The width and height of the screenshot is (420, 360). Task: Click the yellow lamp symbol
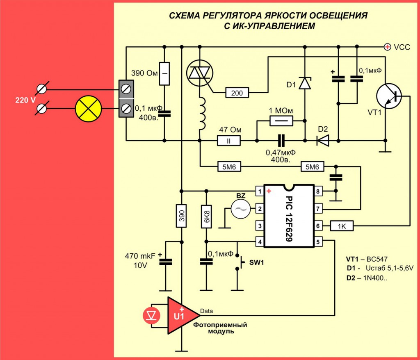coord(88,109)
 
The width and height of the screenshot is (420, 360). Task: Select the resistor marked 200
coord(237,93)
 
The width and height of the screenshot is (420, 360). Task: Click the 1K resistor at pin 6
coord(341,226)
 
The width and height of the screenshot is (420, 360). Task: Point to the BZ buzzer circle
coord(240,210)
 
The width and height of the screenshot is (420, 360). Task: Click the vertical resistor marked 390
coord(181,216)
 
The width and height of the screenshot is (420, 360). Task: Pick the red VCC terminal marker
coord(387,47)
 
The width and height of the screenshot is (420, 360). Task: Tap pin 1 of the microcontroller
coord(259,191)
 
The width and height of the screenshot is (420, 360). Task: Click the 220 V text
coord(25,99)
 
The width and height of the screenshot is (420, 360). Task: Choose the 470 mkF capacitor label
coord(140,257)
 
